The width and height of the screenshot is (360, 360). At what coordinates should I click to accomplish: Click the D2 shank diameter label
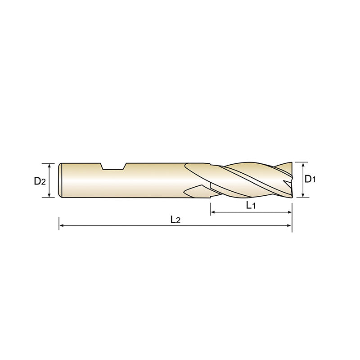click(x=40, y=181)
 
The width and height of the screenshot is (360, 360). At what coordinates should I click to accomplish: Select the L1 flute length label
click(x=251, y=206)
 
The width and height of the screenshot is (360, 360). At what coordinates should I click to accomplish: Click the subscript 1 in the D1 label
click(x=315, y=180)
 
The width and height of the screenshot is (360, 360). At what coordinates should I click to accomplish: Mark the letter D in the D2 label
click(x=37, y=181)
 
